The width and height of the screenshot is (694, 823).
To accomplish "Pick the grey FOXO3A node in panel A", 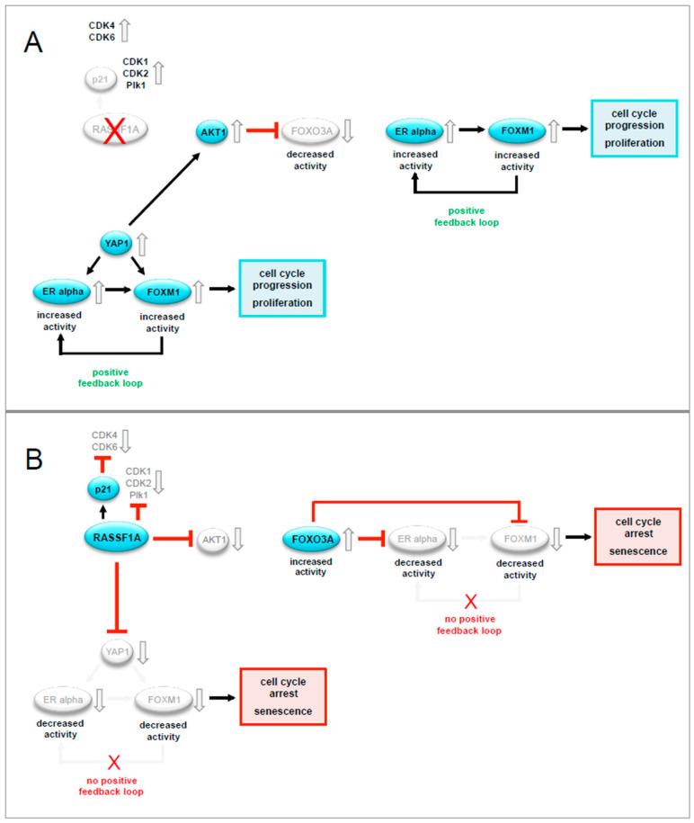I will pyautogui.click(x=310, y=132).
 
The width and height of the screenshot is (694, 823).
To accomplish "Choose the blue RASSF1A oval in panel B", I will pyautogui.click(x=117, y=538).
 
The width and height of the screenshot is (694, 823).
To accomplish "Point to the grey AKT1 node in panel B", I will pyautogui.click(x=212, y=539).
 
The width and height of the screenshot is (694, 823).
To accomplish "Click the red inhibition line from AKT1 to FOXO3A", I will pyautogui.click(x=260, y=132).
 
